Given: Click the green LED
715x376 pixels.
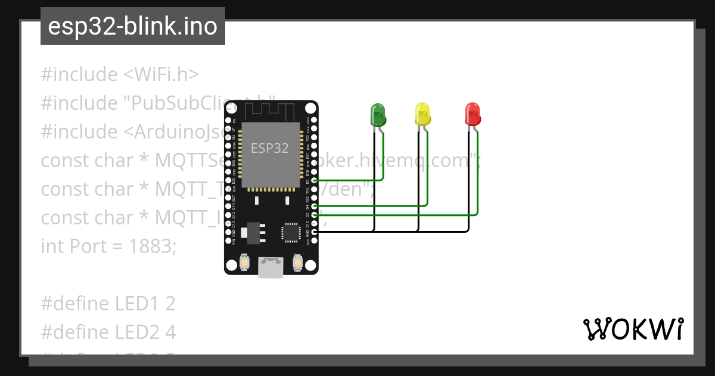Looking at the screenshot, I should pos(378,114).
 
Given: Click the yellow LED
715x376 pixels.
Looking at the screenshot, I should pos(422,114).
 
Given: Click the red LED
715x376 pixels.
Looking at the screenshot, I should pos(472,114).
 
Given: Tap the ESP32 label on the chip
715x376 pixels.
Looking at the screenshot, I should pos(270,148).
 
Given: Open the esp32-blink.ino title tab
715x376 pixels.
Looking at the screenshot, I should pos(132,26).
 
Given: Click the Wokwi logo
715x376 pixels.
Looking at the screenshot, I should pos(633,329).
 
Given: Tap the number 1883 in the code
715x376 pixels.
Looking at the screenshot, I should pos(152,246).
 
